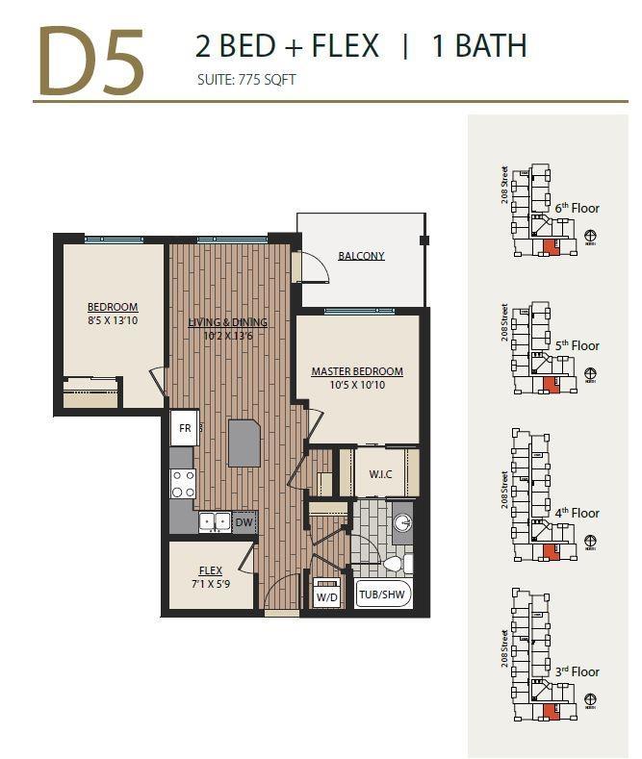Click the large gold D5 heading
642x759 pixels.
click(x=91, y=61)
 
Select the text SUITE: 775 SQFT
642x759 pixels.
click(x=245, y=80)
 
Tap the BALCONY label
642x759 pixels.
click(x=361, y=256)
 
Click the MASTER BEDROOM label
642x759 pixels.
click(x=356, y=371)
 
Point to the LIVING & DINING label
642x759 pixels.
click(x=228, y=322)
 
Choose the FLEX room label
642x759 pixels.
click(x=211, y=570)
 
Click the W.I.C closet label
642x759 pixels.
click(x=380, y=474)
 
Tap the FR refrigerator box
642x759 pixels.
click(x=184, y=428)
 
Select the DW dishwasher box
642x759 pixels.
click(x=244, y=522)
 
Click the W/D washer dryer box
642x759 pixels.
click(x=326, y=596)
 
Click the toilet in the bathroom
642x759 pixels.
click(x=396, y=565)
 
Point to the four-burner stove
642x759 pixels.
click(x=183, y=484)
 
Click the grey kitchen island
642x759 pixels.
click(x=244, y=443)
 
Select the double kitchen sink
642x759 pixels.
click(x=213, y=522)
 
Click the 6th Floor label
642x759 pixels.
click(x=577, y=208)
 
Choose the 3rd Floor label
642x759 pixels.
click(x=577, y=671)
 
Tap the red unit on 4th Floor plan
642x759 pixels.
click(x=551, y=551)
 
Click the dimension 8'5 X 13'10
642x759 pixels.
click(x=113, y=320)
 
